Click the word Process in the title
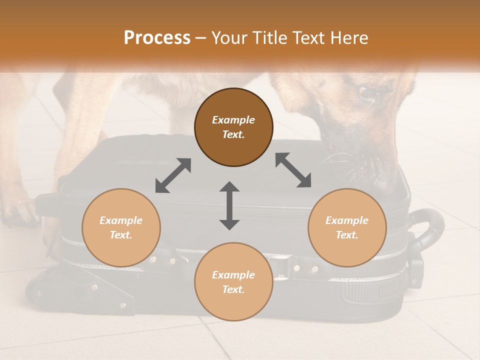click(x=157, y=38)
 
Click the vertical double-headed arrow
click(x=229, y=205)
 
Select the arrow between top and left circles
click(x=173, y=175)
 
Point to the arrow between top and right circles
click(x=293, y=170)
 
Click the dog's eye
click(x=366, y=93)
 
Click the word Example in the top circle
click(x=233, y=120)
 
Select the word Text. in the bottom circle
click(x=233, y=289)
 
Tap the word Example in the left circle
click(x=121, y=220)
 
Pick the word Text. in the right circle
click(x=347, y=235)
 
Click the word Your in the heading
click(x=228, y=38)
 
